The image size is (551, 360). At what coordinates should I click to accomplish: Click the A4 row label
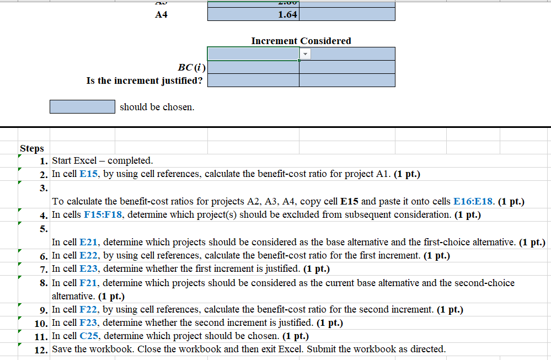coord(162,15)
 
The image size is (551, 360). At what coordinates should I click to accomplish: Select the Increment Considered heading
coord(301,41)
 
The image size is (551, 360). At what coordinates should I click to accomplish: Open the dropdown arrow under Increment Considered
coord(306,53)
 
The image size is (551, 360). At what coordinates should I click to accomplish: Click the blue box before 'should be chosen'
coord(82,106)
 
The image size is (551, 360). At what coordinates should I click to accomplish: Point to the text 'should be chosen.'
coord(157,107)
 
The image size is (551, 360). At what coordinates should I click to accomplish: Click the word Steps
coord(31,148)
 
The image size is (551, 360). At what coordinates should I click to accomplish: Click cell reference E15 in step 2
coord(89,174)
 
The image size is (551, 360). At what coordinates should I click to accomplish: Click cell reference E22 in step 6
coord(89,255)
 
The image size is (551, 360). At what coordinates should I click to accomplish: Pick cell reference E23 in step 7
coord(89,269)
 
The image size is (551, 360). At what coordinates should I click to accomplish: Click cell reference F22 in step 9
coord(88,309)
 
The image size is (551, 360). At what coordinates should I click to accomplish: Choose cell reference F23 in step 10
coord(88,323)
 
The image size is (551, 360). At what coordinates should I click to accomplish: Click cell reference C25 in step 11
coord(89,336)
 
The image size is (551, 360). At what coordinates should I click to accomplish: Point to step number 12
coord(42,349)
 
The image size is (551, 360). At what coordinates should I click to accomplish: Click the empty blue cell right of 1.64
coord(347,15)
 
